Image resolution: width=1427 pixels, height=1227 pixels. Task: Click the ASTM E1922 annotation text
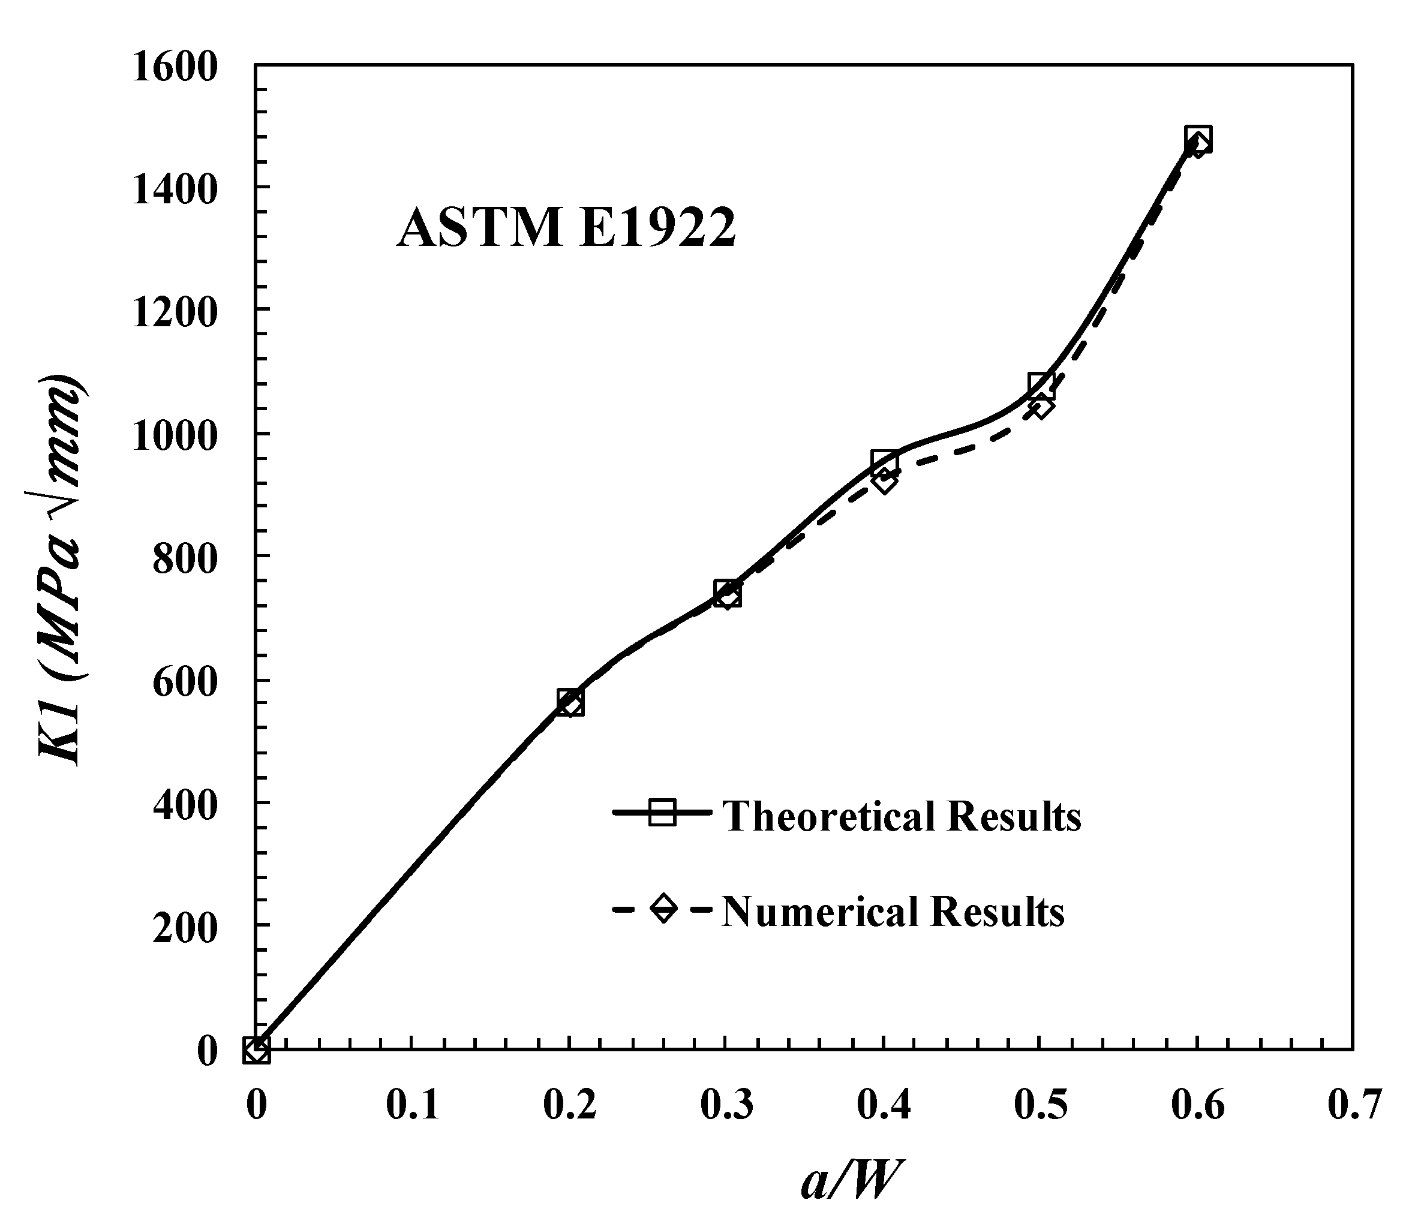tap(566, 228)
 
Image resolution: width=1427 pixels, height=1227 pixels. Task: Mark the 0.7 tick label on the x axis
tap(1354, 1106)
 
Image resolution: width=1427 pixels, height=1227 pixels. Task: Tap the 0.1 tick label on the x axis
tap(412, 1106)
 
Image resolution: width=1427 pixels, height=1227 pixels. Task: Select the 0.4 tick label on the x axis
tap(884, 1106)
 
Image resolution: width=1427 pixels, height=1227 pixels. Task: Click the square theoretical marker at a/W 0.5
tap(1041, 386)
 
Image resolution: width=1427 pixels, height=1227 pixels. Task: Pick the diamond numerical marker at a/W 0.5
tap(1041, 407)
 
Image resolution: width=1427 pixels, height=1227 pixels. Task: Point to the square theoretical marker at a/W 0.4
tap(884, 462)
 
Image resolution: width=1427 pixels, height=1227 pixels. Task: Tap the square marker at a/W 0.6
tap(1198, 139)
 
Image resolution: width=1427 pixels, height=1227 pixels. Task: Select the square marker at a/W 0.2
tap(570, 702)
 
